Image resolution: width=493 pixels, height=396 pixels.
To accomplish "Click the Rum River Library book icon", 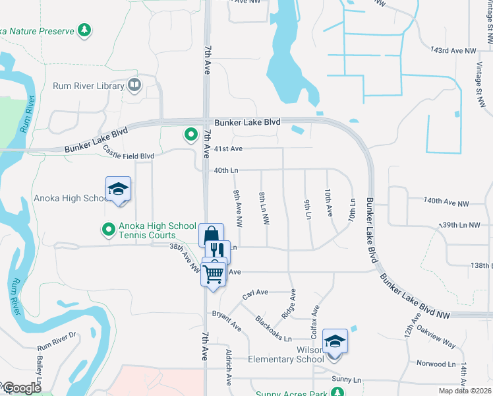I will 134,85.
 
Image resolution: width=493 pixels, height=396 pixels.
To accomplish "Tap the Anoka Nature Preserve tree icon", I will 84,30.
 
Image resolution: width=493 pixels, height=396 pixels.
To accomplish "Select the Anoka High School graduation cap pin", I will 119,189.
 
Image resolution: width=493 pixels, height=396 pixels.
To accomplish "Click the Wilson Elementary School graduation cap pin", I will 335,341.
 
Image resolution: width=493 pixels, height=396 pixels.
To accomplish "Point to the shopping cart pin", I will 214,273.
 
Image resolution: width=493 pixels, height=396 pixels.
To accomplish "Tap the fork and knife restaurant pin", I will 217,250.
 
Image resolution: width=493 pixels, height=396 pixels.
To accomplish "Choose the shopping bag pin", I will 211,235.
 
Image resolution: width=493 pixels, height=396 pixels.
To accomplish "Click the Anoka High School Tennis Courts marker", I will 107,230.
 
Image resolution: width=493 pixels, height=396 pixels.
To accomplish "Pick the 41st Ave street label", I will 227,148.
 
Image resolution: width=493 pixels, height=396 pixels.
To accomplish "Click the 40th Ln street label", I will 225,170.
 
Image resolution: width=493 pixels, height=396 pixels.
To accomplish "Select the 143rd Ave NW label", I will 452,50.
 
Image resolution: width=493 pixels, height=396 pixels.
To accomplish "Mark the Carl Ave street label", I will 255,294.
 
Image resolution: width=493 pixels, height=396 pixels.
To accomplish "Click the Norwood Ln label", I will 436,364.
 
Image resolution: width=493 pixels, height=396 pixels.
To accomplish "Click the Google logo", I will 21,388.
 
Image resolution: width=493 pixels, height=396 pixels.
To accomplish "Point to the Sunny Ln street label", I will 347,379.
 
